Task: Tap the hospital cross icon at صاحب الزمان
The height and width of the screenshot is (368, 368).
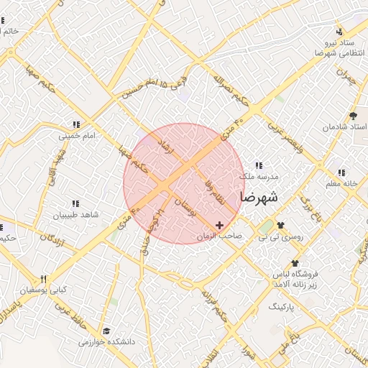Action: (219, 226)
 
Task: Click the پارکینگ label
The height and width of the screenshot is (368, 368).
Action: (286, 306)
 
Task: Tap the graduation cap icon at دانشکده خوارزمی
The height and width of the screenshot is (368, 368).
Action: (106, 331)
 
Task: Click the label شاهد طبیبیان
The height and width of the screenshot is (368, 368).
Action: (75, 215)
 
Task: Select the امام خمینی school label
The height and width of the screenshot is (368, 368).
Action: (75, 135)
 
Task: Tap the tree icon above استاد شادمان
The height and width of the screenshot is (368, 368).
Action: (353, 115)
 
